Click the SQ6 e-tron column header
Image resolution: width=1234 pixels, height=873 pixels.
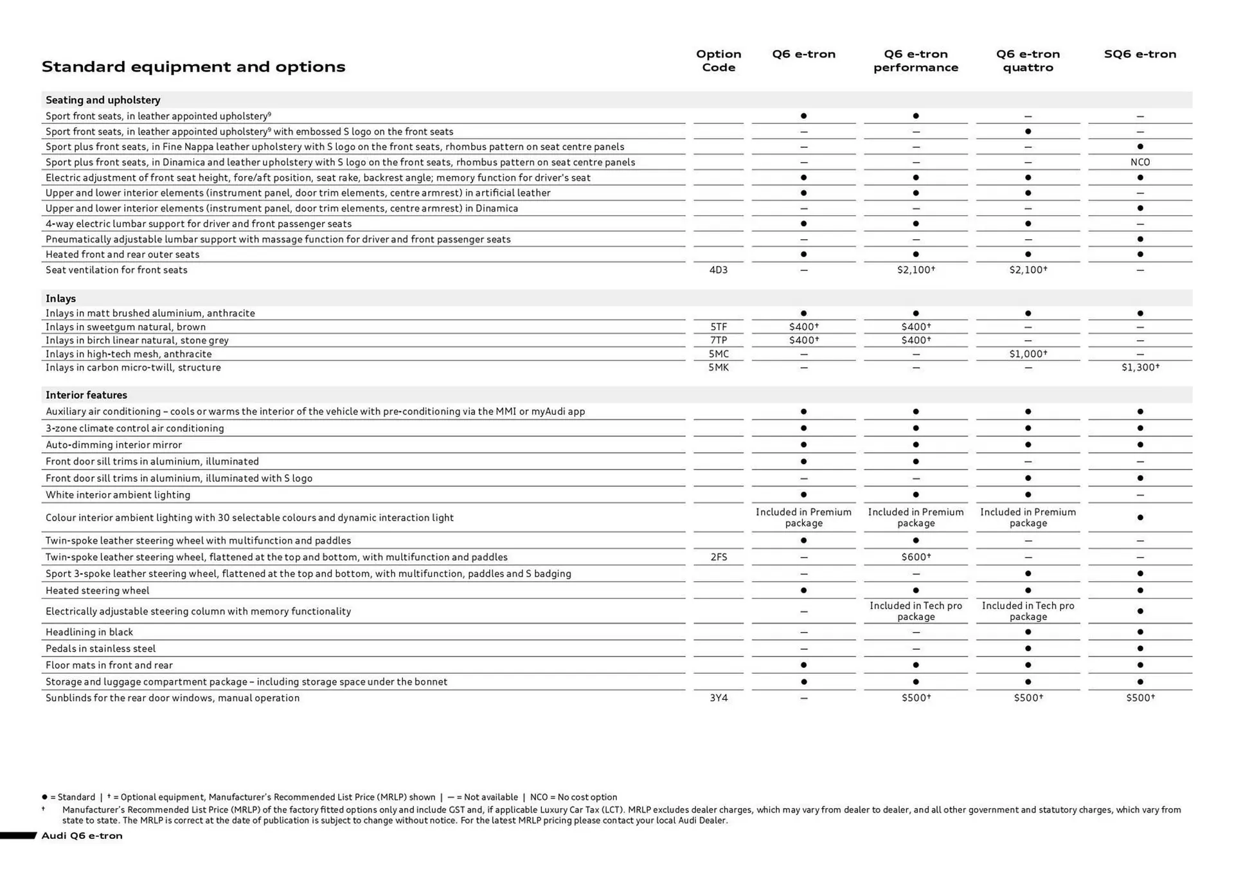pos(1140,54)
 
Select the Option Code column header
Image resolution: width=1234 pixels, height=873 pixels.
pos(718,60)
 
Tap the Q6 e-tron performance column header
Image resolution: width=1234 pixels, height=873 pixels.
pos(915,60)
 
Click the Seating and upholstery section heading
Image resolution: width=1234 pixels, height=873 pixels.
pos(103,100)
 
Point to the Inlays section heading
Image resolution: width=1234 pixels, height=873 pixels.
pos(60,298)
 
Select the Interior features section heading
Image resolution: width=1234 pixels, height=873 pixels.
pos(86,395)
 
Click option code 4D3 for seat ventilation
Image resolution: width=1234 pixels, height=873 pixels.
pos(718,270)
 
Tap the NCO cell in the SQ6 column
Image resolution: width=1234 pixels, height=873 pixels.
pos(1140,162)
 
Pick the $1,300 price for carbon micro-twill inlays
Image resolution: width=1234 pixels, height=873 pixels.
pos(1140,368)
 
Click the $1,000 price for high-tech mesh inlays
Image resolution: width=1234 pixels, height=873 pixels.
pos(1027,354)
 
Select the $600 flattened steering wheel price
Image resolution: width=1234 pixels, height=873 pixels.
pos(915,557)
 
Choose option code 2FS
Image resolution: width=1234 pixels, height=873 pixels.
pos(718,557)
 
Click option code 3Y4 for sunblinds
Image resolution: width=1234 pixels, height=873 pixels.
pos(718,698)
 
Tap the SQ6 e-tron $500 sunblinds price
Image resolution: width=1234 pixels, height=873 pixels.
pos(1140,698)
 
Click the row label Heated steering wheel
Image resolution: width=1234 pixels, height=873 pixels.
pos(97,591)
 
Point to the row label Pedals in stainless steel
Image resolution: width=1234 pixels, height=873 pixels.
pos(100,649)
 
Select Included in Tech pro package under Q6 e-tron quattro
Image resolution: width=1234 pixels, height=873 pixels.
pos(1027,611)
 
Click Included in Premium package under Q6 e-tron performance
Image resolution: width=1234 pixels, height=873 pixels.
pos(915,517)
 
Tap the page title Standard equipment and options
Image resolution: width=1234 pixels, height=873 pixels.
pos(193,67)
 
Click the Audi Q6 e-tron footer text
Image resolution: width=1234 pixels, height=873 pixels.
pos(82,836)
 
